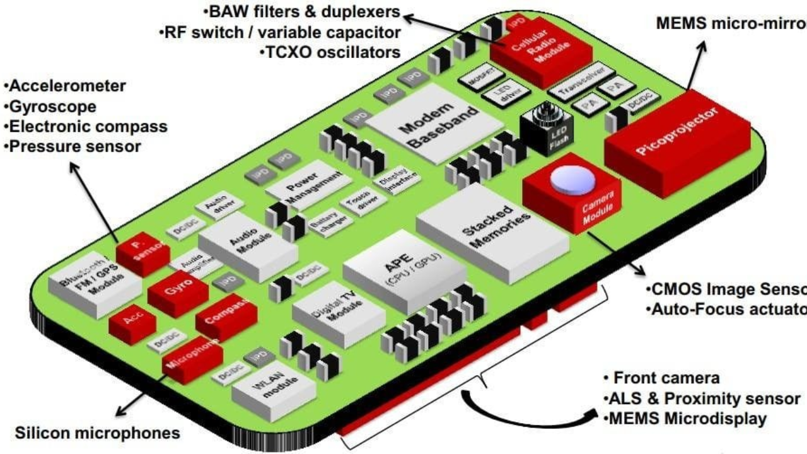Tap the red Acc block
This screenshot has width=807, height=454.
click(132, 325)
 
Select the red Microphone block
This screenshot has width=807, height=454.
click(192, 359)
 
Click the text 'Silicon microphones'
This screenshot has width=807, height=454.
click(97, 434)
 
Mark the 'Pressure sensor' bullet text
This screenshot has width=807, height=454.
click(73, 146)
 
